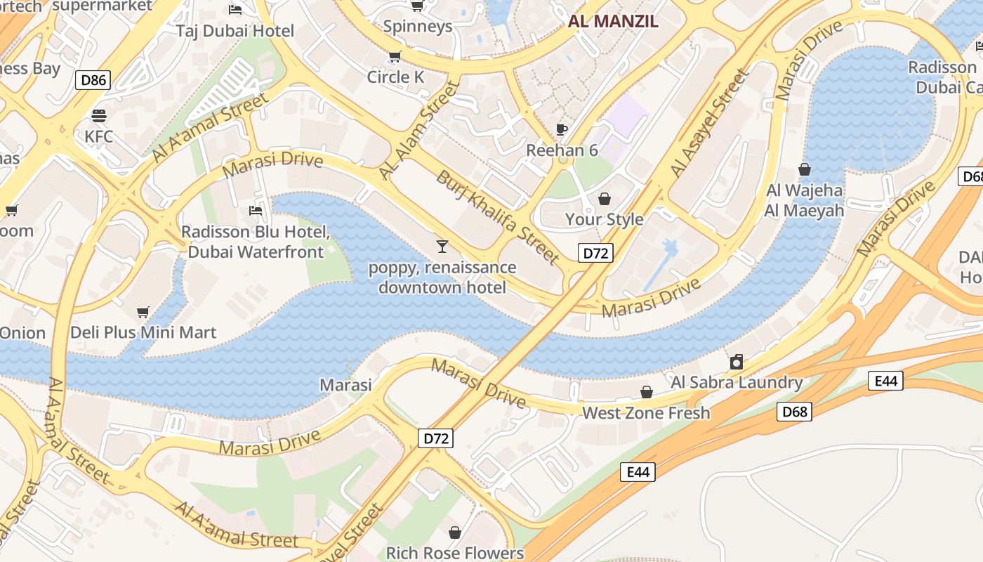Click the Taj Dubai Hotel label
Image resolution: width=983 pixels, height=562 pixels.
[235, 31]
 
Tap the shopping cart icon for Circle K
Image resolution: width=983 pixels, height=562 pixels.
[395, 57]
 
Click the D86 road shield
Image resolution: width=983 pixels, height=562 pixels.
[93, 80]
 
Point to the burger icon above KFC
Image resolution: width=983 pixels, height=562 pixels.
[99, 115]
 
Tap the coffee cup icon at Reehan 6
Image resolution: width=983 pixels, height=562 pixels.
[562, 129]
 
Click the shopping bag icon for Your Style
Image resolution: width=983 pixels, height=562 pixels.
[605, 200]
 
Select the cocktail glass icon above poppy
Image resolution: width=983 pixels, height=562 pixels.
[442, 247]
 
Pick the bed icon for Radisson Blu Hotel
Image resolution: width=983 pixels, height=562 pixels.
[256, 211]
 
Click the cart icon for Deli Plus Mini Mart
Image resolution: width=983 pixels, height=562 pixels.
[143, 312]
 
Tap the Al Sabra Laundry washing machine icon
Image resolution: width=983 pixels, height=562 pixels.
[737, 362]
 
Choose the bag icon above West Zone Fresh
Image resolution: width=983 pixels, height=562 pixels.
[646, 392]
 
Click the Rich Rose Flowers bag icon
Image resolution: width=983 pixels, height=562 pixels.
[455, 532]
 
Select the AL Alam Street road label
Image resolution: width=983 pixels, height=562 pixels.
[419, 129]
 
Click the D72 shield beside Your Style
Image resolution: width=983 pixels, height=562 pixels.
[595, 253]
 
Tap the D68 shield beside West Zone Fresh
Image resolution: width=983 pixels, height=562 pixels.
[795, 412]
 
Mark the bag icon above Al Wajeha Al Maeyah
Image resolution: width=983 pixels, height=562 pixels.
[805, 169]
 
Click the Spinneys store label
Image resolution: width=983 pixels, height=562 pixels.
[418, 27]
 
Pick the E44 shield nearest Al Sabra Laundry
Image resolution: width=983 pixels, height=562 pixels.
[886, 381]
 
